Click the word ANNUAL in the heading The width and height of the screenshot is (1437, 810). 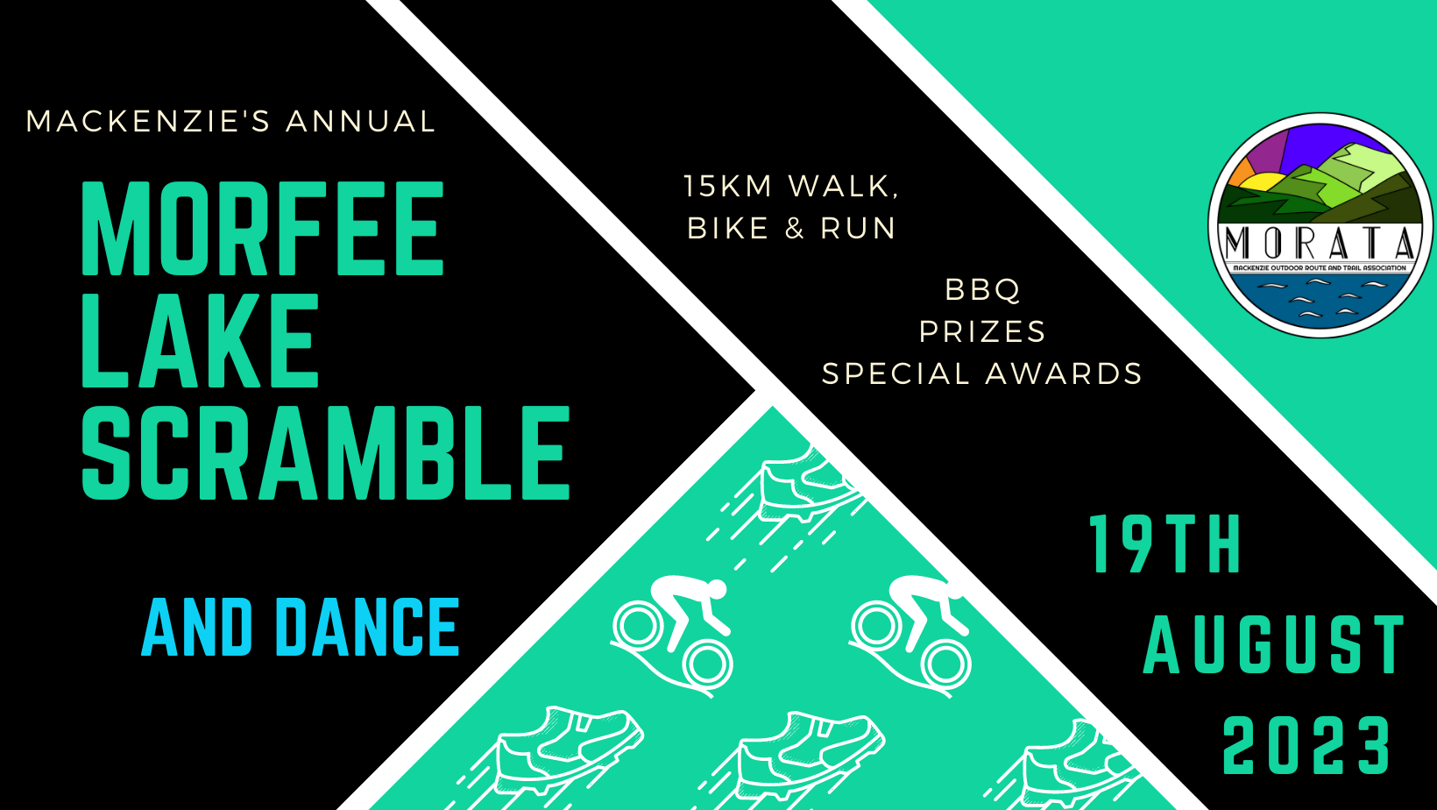tap(360, 121)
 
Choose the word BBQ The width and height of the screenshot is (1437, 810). tap(983, 289)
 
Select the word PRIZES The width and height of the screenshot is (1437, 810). tap(983, 331)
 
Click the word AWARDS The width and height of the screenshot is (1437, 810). tap(1065, 373)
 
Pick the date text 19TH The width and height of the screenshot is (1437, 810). tap(1165, 545)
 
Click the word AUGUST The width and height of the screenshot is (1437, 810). tap(1275, 645)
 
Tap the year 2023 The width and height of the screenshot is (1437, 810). tap(1306, 746)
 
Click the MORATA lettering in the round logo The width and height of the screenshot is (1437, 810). tap(1320, 243)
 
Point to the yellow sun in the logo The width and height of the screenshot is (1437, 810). tap(1258, 184)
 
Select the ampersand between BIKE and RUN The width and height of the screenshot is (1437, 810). tap(795, 229)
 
